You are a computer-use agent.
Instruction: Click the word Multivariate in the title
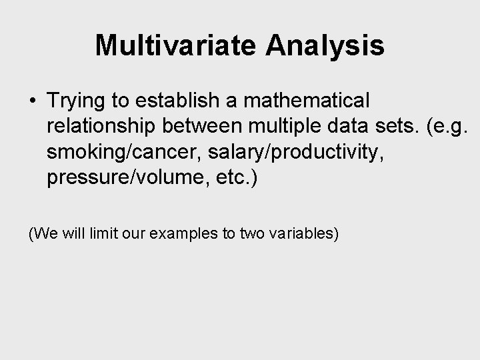coord(175,45)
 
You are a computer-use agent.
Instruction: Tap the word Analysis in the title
coord(325,47)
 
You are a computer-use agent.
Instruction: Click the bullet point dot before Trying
coord(33,100)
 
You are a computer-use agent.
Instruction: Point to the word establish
coord(177,100)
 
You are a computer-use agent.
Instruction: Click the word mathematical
coord(307,100)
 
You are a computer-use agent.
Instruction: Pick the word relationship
coord(101,127)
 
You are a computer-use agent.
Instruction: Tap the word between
coord(202,126)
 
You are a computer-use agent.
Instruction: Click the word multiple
coord(285,127)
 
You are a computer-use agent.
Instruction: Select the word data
coord(347,126)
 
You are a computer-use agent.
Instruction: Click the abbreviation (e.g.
coord(447,127)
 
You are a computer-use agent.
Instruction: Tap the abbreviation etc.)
coord(237,178)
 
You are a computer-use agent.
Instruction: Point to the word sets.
coord(397,126)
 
